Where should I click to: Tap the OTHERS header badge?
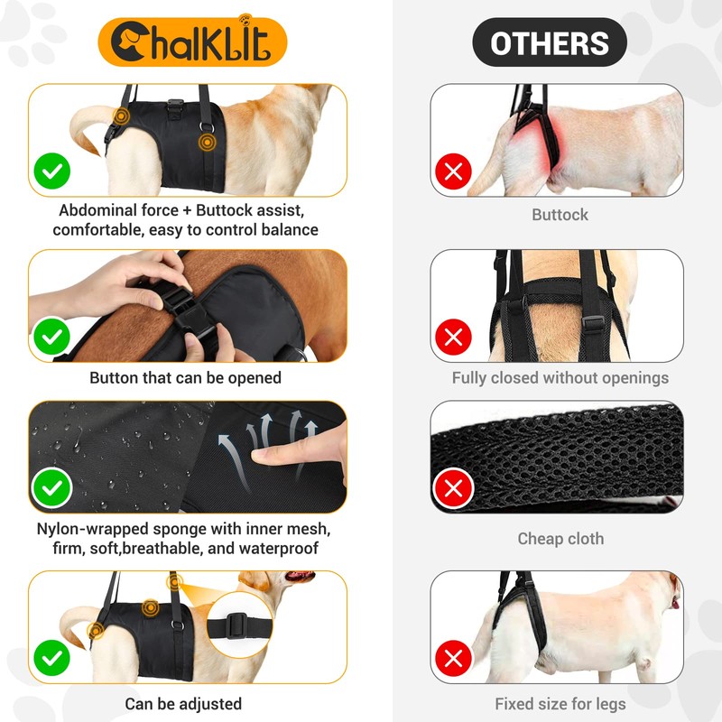(x=550, y=42)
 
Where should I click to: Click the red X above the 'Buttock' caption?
(x=454, y=171)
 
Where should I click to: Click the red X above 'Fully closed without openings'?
(x=454, y=338)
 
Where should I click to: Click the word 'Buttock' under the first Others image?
(x=560, y=215)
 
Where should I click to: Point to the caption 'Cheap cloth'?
(x=560, y=539)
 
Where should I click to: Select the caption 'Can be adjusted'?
(x=183, y=703)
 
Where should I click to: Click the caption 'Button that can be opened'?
(x=185, y=378)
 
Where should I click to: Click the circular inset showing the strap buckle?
(x=237, y=625)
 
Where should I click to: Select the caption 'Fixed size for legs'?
(x=560, y=703)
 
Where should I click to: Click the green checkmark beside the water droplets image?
(x=52, y=488)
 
